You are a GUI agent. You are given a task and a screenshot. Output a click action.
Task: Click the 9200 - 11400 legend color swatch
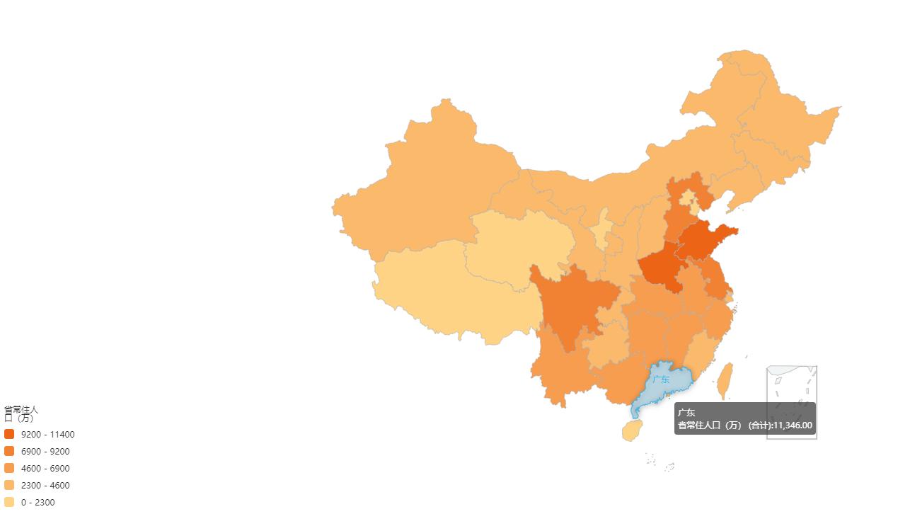(x=9, y=434)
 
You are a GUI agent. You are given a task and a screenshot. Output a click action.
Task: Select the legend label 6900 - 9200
(x=45, y=451)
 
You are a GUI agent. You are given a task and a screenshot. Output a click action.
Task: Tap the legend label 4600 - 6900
(x=45, y=468)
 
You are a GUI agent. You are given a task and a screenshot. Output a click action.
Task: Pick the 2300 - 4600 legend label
(x=45, y=485)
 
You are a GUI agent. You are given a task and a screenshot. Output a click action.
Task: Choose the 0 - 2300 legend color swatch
(x=9, y=502)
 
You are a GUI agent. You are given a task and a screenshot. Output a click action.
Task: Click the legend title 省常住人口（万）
(x=21, y=413)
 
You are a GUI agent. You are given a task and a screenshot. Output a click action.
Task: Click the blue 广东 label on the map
(x=661, y=379)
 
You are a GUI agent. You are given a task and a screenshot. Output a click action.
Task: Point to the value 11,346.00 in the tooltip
(x=793, y=426)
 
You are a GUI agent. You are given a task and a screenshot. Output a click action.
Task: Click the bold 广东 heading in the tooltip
(x=686, y=413)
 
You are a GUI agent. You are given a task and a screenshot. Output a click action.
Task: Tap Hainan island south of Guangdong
(x=632, y=430)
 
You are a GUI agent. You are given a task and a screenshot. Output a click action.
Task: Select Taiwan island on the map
(x=725, y=381)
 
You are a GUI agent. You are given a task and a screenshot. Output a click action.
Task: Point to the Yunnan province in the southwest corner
(x=559, y=368)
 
